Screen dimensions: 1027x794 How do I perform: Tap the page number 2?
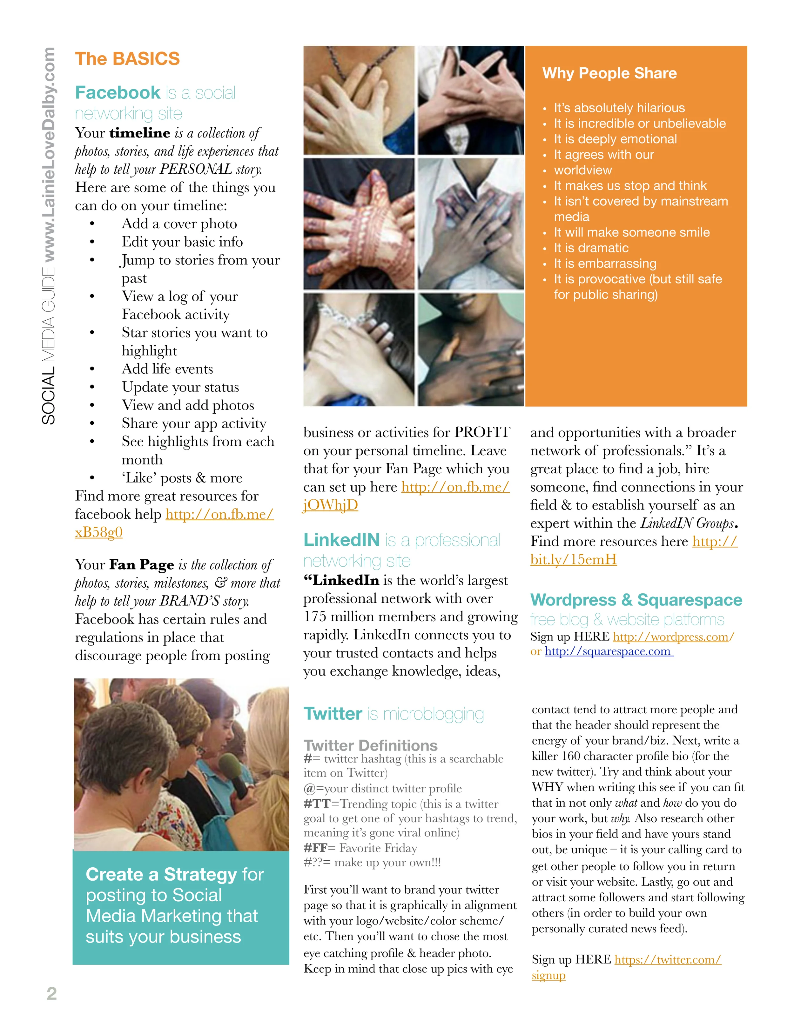click(x=52, y=993)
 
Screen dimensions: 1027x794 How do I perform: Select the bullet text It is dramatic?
click(x=591, y=248)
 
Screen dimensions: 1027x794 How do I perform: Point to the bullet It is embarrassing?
click(x=605, y=263)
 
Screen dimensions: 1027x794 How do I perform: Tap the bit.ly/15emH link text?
click(x=573, y=560)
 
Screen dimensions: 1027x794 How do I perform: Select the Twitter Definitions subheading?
click(x=370, y=745)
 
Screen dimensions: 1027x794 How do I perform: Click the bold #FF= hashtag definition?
click(x=319, y=848)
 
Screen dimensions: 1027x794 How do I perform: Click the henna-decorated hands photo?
click(x=359, y=224)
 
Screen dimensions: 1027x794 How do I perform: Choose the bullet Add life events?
click(x=167, y=369)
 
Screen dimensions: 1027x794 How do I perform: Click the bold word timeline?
click(x=140, y=133)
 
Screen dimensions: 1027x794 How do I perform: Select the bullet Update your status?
click(x=180, y=387)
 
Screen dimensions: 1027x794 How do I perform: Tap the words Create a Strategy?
click(x=161, y=875)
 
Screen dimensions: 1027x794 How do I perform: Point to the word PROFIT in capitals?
click(x=482, y=432)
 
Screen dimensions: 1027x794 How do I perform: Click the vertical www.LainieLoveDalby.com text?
click(x=49, y=155)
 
